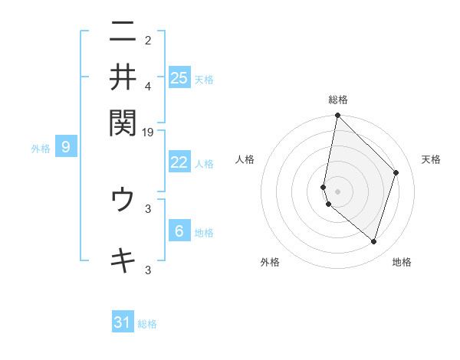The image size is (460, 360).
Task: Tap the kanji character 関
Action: click(x=123, y=120)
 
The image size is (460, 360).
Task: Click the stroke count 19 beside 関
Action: click(x=148, y=132)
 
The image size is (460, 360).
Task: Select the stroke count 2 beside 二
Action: click(x=148, y=40)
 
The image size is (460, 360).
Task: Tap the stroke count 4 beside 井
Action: click(x=148, y=85)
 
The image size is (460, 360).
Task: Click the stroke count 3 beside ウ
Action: click(x=148, y=208)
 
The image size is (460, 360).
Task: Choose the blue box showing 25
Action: click(x=179, y=77)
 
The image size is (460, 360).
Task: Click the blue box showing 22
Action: click(x=179, y=162)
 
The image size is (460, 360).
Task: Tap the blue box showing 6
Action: click(x=179, y=231)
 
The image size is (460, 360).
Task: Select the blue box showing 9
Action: click(x=66, y=147)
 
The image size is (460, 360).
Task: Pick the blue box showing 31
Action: click(x=123, y=322)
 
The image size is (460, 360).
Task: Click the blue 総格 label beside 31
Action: click(x=147, y=324)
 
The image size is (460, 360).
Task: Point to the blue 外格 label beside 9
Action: click(x=41, y=149)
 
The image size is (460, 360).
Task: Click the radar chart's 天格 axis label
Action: click(x=431, y=159)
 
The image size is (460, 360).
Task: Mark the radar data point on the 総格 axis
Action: click(x=337, y=116)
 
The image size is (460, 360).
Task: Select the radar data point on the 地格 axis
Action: click(x=374, y=242)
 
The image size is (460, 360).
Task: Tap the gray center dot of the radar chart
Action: click(x=337, y=191)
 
